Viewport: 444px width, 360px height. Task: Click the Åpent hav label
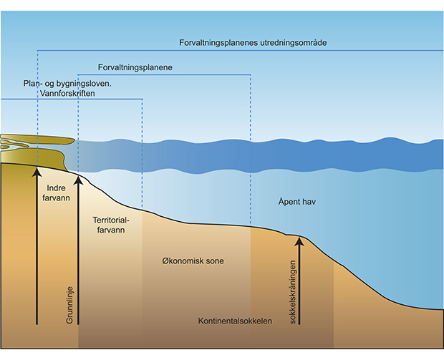297,203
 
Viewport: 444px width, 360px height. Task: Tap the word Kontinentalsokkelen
235,321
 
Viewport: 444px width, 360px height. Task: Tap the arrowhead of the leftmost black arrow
37,172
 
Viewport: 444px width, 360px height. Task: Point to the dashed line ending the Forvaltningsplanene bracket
250,150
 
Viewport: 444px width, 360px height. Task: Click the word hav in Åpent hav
309,203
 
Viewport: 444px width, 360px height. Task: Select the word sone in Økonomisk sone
213,261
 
